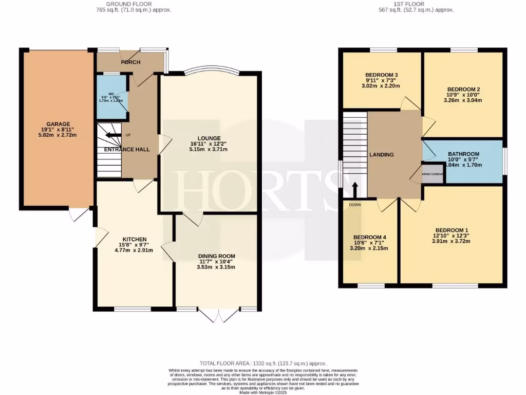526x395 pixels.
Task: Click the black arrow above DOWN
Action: [355, 189]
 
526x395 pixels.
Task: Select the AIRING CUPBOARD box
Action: [433, 174]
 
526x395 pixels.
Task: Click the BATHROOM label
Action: [463, 154]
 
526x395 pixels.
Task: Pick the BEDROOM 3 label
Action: [382, 75]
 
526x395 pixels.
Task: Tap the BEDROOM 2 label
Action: [463, 88]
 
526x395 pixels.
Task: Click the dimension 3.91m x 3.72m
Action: [452, 241]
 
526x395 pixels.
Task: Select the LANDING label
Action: [382, 155]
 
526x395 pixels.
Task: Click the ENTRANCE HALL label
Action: [127, 150]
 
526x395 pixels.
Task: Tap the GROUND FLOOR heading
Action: [124, 4]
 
